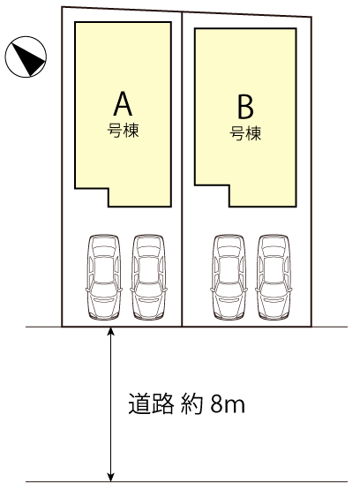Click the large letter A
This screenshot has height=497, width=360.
pos(123,103)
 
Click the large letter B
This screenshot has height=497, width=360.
pos(245,107)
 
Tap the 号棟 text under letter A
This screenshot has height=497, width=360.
pos(123,131)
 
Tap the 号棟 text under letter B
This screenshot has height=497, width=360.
pos(245,133)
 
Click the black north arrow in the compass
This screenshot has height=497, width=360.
pos(28,59)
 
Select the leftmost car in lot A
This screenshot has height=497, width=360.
pos(104,276)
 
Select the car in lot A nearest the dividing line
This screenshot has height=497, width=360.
pos(148,276)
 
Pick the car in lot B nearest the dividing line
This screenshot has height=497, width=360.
pos(229,276)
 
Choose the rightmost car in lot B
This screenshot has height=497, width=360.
pos(274,276)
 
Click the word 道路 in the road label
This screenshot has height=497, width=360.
pos(151,403)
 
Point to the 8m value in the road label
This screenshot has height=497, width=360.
pos(228,404)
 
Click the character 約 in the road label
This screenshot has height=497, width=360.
pos(191,403)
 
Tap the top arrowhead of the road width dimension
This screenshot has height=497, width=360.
pos(110,331)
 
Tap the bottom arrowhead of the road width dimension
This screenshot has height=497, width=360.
pos(110,478)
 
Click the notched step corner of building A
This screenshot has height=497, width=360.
pos(109,189)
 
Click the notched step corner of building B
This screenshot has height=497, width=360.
pos(229,185)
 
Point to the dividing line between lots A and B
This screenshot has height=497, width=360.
pos(182,169)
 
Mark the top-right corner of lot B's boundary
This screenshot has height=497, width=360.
pos(311,17)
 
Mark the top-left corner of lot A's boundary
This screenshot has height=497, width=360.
pos(62,7)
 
